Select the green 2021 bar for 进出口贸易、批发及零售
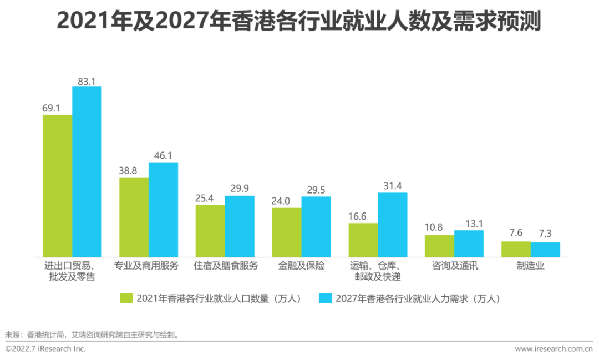(58, 186)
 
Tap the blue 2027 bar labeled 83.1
(87, 171)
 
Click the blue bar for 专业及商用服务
(163, 210)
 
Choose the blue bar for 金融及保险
(316, 226)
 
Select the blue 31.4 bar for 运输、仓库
(393, 225)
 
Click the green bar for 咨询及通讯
(439, 246)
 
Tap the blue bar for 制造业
(545, 250)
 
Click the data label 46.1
(163, 155)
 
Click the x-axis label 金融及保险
(301, 266)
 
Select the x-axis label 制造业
(530, 266)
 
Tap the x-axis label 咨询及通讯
(454, 266)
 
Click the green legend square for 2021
(127, 298)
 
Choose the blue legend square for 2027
(326, 298)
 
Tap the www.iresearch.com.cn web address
(554, 348)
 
